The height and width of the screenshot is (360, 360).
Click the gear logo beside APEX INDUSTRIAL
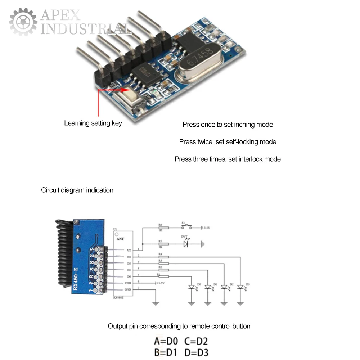tap(23, 22)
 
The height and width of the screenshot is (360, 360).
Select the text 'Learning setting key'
tap(93, 123)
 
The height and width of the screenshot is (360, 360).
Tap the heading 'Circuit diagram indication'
tap(77, 190)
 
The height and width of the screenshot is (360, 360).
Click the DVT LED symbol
tap(186, 244)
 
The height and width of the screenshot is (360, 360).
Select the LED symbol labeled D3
tap(240, 288)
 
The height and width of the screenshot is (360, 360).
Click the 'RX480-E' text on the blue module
tap(76, 279)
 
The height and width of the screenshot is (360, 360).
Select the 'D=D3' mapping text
tap(196, 352)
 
